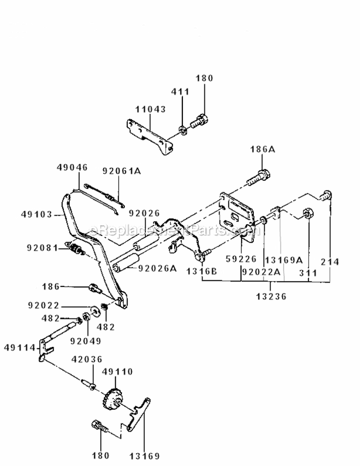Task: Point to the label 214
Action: pyautogui.click(x=331, y=262)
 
